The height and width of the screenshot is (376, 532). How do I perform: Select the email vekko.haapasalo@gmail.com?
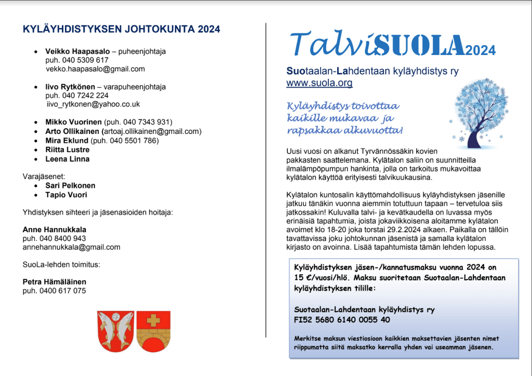coord(95,69)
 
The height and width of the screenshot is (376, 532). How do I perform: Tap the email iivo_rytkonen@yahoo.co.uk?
coord(94,104)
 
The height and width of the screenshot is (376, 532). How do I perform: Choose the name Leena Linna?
coord(68,159)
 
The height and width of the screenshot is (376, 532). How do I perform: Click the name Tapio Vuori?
coord(66,195)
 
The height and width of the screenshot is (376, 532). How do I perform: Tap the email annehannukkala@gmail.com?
coord(71,247)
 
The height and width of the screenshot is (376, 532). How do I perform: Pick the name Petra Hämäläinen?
coord(55,282)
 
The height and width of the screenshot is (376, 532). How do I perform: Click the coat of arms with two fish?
coord(116,330)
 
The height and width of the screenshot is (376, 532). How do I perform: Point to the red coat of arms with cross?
coord(153,330)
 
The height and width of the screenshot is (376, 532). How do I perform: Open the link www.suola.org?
coord(320,83)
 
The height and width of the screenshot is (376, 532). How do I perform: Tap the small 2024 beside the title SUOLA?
coord(481,51)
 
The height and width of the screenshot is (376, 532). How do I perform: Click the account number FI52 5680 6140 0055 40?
coord(342,320)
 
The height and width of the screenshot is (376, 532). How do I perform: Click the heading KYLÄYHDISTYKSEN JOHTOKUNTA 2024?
coord(122,29)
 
